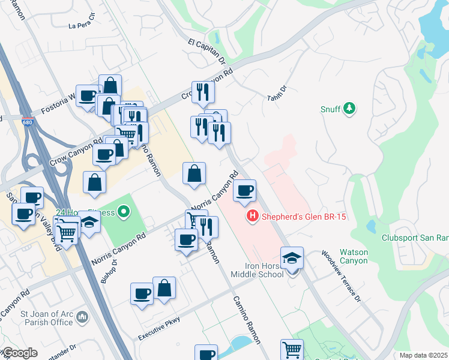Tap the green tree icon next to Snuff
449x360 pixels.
348,109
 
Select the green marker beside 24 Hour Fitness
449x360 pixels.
124,211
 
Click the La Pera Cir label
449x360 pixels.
82,25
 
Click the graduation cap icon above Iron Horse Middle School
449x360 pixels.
292,258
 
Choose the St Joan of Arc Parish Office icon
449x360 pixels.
82,316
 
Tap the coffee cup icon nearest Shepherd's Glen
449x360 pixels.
244,191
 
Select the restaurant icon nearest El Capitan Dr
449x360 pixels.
203,92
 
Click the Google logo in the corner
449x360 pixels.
19,353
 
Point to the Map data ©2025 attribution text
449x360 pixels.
423,355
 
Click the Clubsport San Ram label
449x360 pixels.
415,236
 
